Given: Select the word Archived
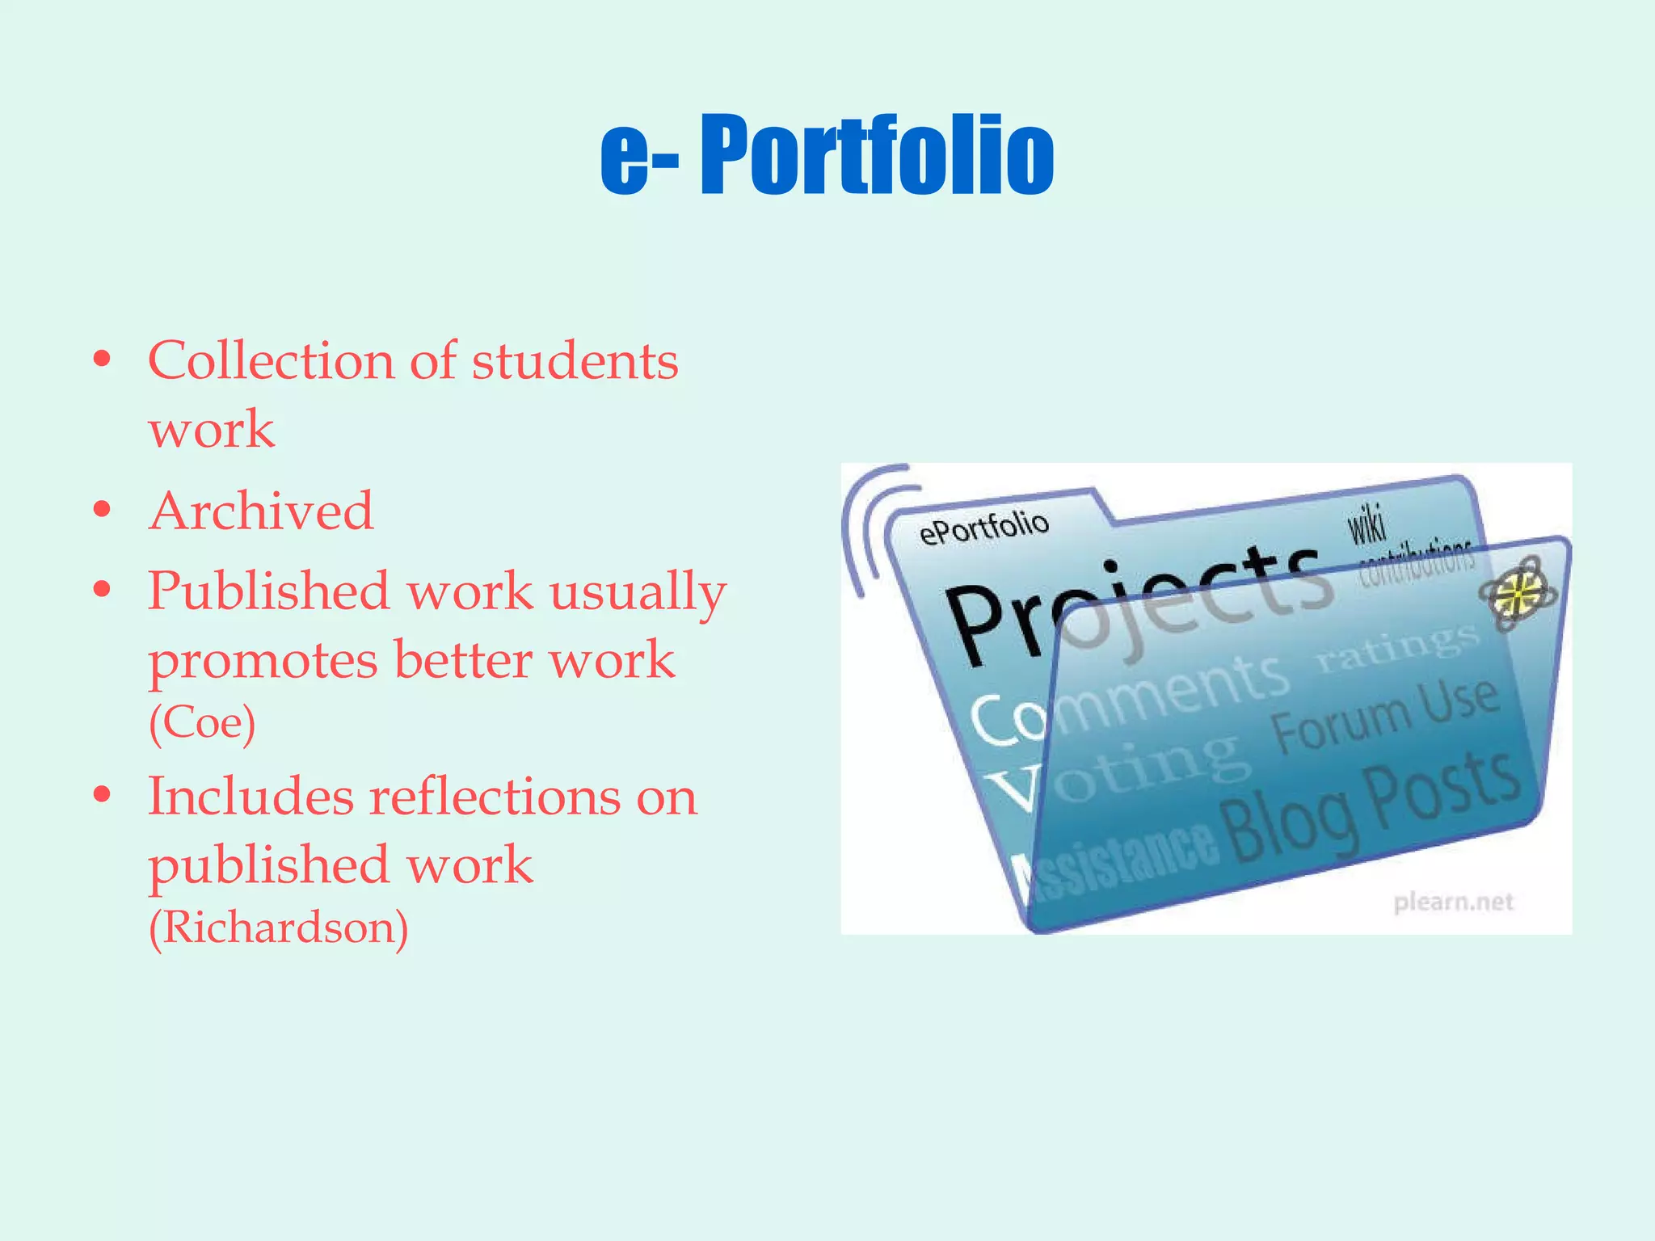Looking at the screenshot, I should click(x=261, y=511).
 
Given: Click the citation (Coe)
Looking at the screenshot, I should click(x=202, y=722).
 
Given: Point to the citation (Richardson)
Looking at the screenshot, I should click(x=278, y=927).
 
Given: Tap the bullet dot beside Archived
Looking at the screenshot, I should click(x=102, y=511).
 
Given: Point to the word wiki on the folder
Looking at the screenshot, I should click(x=1366, y=523).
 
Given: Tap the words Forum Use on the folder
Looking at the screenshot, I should click(x=1385, y=714).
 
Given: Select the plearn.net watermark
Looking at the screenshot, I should click(x=1453, y=902).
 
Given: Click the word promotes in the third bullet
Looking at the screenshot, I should click(x=263, y=661).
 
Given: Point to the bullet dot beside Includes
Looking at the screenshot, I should click(x=102, y=795).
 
